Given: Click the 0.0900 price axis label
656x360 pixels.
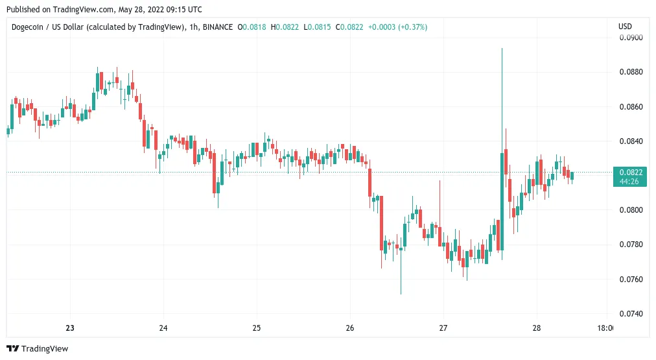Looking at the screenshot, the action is tap(631, 38).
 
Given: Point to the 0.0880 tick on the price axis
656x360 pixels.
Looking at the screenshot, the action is tap(631, 72).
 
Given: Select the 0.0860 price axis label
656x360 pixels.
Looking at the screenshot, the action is tap(631, 107).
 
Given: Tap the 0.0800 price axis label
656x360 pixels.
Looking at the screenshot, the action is tap(631, 210).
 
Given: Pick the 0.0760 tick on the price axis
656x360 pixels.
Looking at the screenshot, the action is tap(631, 279).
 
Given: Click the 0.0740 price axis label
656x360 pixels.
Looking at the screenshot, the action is tap(631, 313).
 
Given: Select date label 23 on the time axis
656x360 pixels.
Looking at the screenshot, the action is tap(70, 328).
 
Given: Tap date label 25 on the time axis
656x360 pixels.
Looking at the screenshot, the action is tap(257, 328).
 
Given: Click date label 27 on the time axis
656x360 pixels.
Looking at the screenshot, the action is tap(443, 328).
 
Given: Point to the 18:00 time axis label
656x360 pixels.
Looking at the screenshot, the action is tap(605, 328).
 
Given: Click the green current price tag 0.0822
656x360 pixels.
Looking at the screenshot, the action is tap(630, 176).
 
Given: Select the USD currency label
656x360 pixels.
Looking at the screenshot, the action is tap(625, 27).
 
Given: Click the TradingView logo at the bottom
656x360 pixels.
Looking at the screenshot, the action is tap(37, 348).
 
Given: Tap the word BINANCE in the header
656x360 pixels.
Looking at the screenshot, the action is tap(218, 27).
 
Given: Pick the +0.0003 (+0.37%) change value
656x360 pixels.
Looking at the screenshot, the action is tap(397, 27).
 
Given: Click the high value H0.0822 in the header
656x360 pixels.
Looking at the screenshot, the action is tap(285, 27).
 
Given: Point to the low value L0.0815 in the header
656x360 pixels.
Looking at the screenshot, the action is tap(317, 27).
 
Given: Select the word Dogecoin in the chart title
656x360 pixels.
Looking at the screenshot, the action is tap(27, 27).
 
